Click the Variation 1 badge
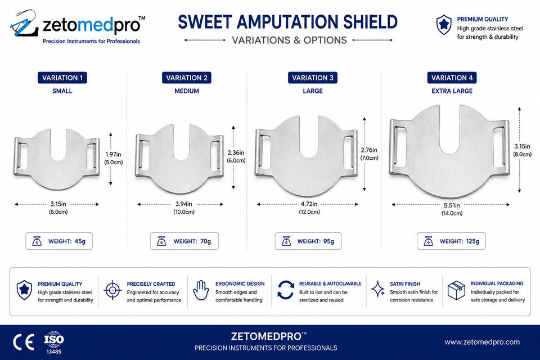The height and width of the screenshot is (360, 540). pyautogui.click(x=62, y=78)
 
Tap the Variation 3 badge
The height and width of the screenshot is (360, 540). pyautogui.click(x=313, y=78)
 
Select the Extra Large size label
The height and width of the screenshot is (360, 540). pyautogui.click(x=452, y=91)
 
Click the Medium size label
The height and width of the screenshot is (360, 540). pyautogui.click(x=187, y=91)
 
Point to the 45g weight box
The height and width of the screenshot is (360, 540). pyautogui.click(x=59, y=241)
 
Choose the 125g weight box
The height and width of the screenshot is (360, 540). pyautogui.click(x=451, y=241)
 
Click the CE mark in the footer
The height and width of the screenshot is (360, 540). pyautogui.click(x=24, y=342)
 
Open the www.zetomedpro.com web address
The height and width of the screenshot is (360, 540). pyautogui.click(x=482, y=342)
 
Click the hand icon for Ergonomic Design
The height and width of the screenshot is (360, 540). pyautogui.click(x=201, y=290)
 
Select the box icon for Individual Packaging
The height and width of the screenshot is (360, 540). pyautogui.click(x=456, y=290)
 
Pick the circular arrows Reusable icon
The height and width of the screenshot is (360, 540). pyautogui.click(x=286, y=290)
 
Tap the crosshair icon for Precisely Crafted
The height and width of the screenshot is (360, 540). pyautogui.click(x=112, y=290)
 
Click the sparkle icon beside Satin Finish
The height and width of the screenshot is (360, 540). pyautogui.click(x=378, y=289)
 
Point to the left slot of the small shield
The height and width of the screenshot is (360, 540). pyautogui.click(x=22, y=156)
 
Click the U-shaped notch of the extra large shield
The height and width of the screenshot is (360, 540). pyautogui.click(x=450, y=131)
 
